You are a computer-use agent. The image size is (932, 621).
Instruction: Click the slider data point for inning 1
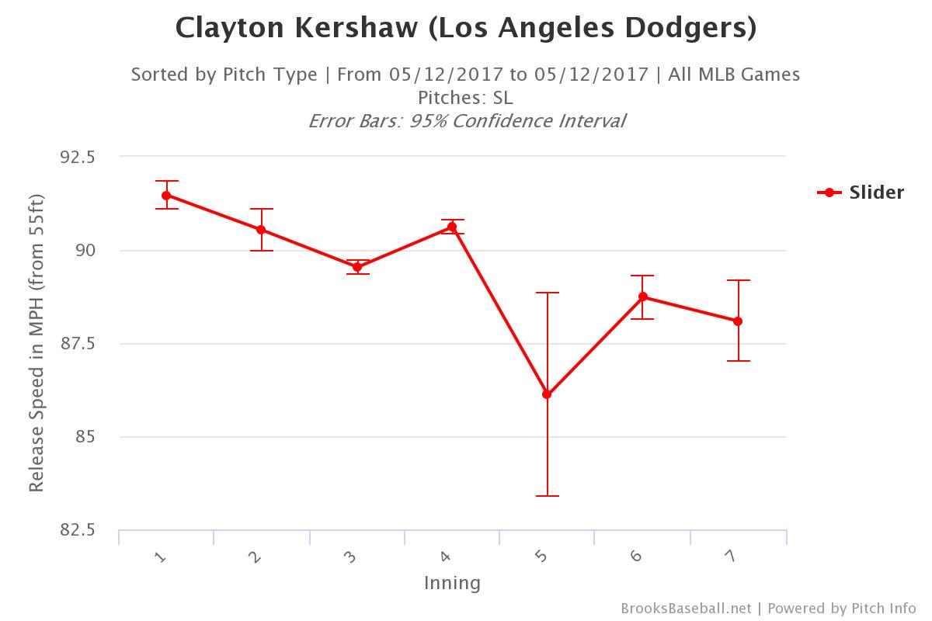(x=166, y=196)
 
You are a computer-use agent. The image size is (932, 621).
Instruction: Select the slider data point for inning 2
(x=261, y=230)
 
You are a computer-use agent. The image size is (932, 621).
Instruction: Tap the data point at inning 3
(x=357, y=267)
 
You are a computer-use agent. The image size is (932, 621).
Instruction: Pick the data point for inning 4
(x=452, y=227)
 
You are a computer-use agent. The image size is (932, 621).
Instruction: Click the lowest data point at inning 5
(x=547, y=394)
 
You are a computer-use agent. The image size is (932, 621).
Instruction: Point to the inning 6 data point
(x=643, y=297)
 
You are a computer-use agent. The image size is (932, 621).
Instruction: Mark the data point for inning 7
(x=738, y=321)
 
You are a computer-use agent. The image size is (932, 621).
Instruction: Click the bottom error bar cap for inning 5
(x=547, y=496)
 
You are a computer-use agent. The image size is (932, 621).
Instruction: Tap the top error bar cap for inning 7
(x=738, y=280)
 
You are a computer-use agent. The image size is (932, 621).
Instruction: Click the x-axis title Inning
(x=452, y=583)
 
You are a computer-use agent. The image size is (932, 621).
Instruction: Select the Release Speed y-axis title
(x=37, y=343)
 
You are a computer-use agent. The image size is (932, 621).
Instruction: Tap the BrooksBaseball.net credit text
(x=686, y=609)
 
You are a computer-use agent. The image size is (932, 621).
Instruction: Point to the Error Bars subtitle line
(x=466, y=121)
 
